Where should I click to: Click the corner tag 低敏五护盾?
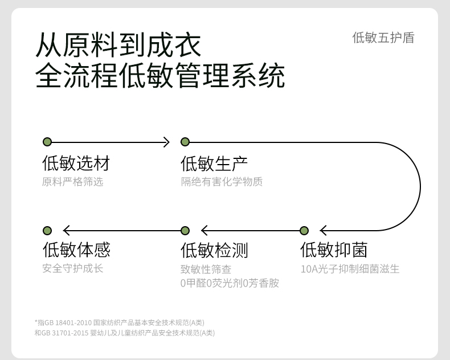(x=383, y=38)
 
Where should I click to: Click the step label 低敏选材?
(x=76, y=163)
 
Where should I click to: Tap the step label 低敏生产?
(x=214, y=163)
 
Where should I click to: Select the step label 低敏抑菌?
(x=334, y=250)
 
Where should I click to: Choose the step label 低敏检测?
(x=214, y=250)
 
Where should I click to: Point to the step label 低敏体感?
(x=76, y=250)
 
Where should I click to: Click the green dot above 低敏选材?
(x=47, y=142)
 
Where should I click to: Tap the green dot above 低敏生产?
(x=185, y=142)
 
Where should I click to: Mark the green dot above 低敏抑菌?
(x=304, y=231)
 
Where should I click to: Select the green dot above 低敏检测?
(x=185, y=231)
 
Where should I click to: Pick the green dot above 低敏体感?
(x=47, y=231)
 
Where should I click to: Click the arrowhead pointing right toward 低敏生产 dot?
(x=166, y=142)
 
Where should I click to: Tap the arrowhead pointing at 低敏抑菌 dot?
(x=324, y=231)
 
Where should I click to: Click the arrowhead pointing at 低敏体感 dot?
(x=67, y=231)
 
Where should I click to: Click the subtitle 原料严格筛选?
(x=72, y=182)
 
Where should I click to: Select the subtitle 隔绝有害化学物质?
(x=222, y=182)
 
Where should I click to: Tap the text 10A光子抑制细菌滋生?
(x=350, y=269)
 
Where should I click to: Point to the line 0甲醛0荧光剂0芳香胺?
(x=230, y=283)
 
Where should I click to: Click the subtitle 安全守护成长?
(x=72, y=268)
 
